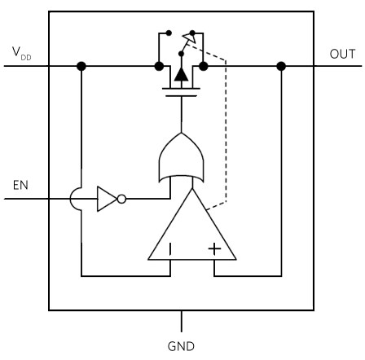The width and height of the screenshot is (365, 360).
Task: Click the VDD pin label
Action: coord(21,53)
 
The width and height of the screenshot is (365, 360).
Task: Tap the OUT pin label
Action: coord(342,54)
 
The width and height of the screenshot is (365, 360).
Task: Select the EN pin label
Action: coord(20,185)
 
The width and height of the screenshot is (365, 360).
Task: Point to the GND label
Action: coord(181,346)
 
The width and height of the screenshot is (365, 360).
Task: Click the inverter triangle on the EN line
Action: coord(107,199)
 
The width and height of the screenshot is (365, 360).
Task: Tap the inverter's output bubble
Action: coord(121,199)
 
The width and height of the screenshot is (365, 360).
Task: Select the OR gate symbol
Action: coord(181,157)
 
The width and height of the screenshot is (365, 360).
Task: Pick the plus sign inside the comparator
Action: coord(214,248)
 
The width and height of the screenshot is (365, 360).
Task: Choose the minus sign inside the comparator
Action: coord(170,249)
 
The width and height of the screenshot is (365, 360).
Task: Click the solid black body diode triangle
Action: coord(181,74)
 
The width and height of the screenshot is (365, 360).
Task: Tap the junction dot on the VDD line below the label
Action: coord(81,66)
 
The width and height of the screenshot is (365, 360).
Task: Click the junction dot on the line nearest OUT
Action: coord(281,66)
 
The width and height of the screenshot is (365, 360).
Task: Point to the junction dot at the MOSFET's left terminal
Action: coord(159,66)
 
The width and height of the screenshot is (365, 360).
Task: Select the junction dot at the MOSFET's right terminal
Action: coord(204,66)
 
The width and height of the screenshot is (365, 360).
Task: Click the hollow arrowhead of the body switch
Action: coord(189,37)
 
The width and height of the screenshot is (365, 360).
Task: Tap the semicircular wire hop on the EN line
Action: coord(71,199)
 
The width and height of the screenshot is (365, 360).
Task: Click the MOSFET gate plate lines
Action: coord(181,92)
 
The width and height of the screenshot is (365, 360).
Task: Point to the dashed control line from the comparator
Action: coord(226,130)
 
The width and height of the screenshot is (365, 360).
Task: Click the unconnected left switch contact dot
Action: coord(169,33)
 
